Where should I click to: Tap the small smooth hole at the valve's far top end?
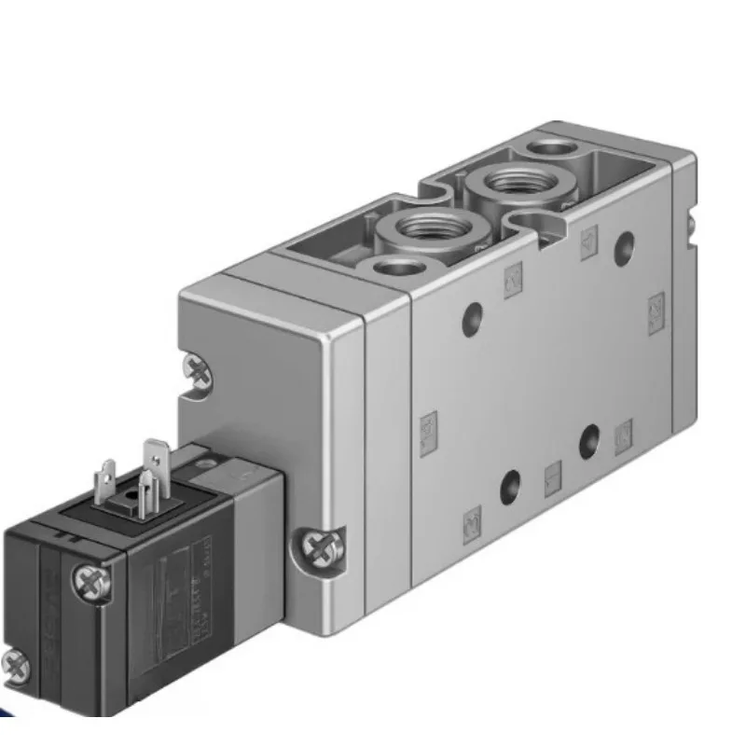pyautogui.click(x=552, y=147)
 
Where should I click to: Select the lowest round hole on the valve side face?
pyautogui.click(x=510, y=485)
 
